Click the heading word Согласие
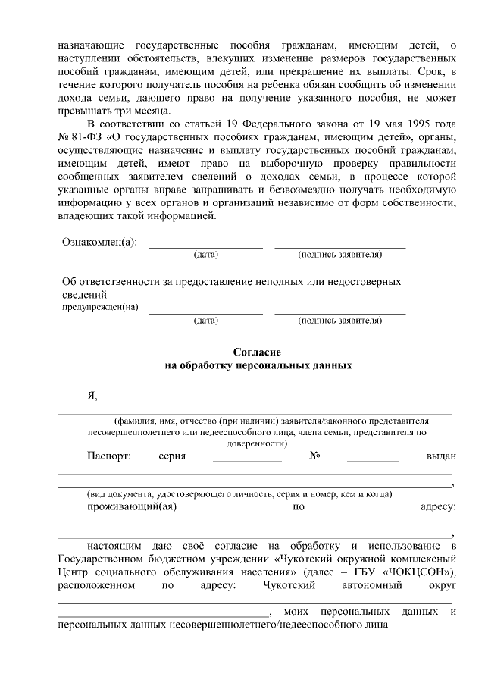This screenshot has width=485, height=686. click(257, 352)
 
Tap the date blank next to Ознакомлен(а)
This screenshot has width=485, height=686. click(205, 246)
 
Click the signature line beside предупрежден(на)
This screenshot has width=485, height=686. click(339, 312)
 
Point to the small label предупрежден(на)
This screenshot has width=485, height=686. click(99, 307)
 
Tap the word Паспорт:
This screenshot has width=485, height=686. click(109, 456)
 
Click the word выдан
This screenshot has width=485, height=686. click(441, 456)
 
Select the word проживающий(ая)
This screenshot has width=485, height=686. click(132, 506)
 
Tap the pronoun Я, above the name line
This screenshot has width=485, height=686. click(92, 395)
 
